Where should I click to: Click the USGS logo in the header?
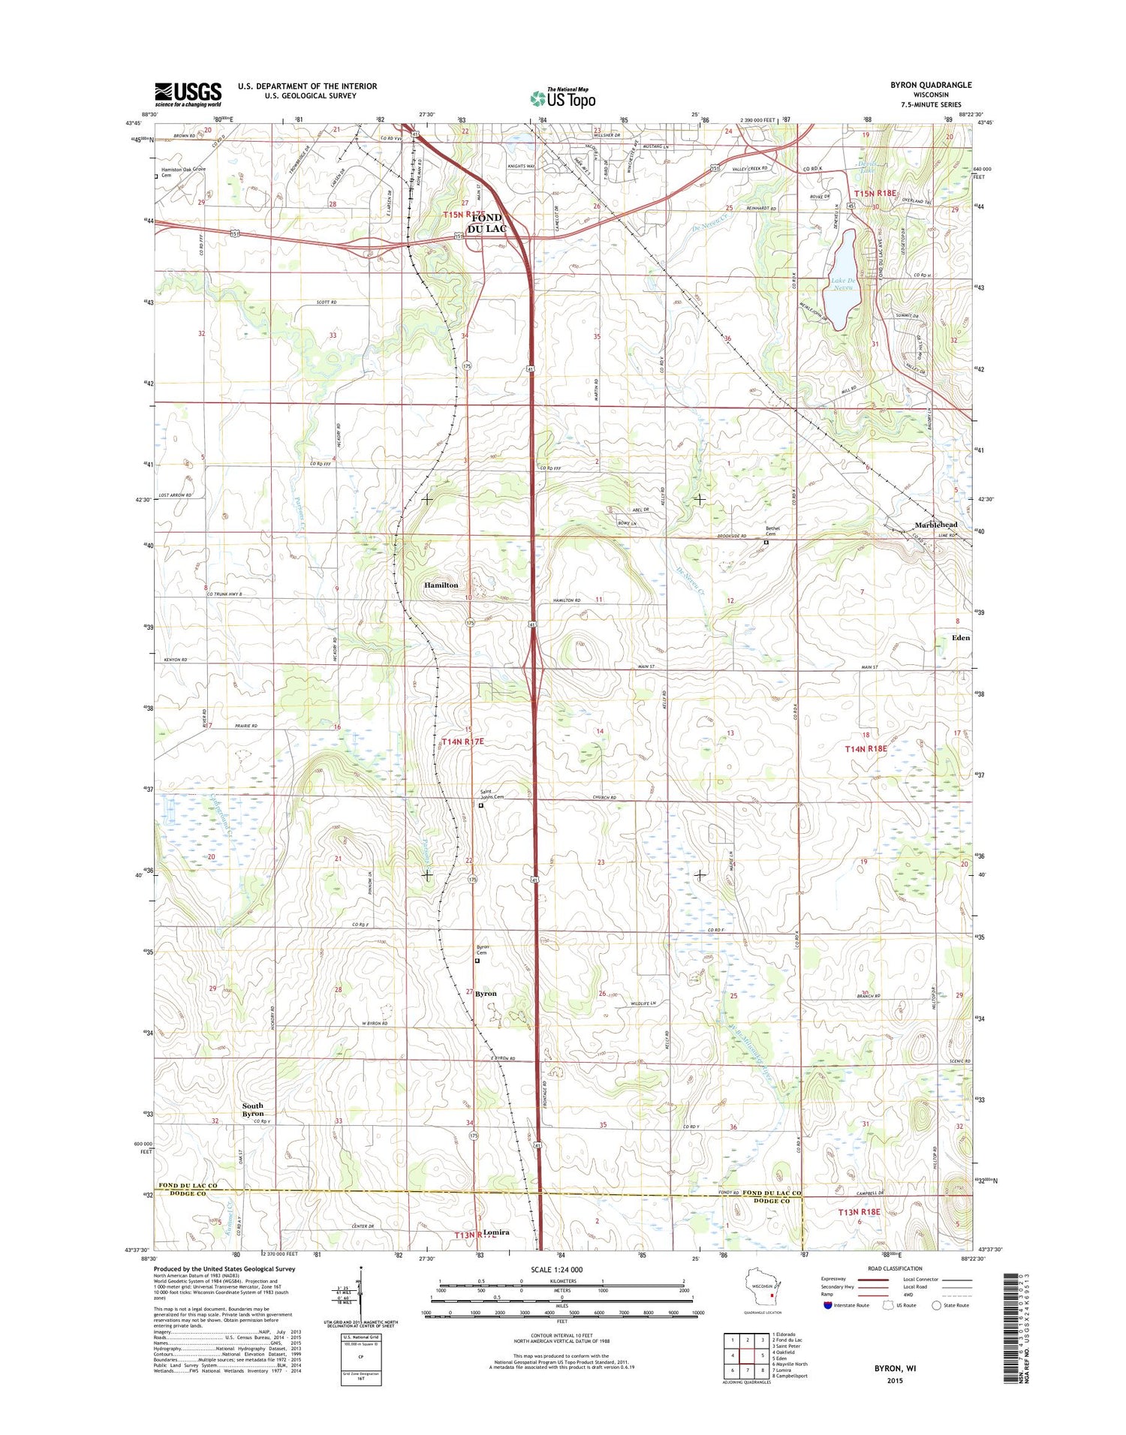[x=188, y=94]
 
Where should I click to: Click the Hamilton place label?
[x=441, y=585]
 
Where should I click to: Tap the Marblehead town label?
[x=936, y=525]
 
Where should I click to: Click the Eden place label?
[x=960, y=637]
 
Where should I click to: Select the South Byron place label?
[x=253, y=1109]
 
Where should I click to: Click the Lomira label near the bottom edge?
[x=496, y=1232]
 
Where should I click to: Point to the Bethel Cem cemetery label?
[x=772, y=531]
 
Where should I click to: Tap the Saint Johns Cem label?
[x=492, y=794]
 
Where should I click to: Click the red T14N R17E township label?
[x=463, y=742]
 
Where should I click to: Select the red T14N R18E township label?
[x=866, y=748]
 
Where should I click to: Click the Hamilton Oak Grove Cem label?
[x=183, y=172]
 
